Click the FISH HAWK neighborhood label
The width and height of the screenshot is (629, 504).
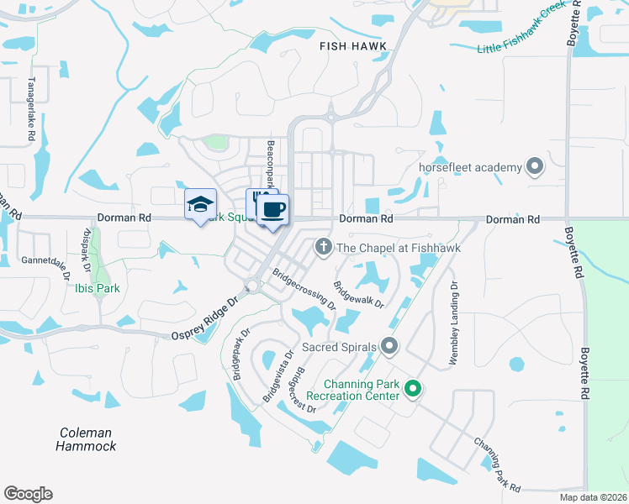point(351,48)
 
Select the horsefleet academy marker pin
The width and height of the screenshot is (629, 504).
point(533,167)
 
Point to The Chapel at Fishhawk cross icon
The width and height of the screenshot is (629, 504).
point(321,247)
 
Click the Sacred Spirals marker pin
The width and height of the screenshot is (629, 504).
point(388,345)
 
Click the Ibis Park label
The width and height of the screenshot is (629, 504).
point(95,288)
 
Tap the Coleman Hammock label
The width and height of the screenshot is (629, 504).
point(86,439)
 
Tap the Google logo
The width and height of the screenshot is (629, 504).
point(28,494)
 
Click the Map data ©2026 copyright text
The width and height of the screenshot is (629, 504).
point(593,497)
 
